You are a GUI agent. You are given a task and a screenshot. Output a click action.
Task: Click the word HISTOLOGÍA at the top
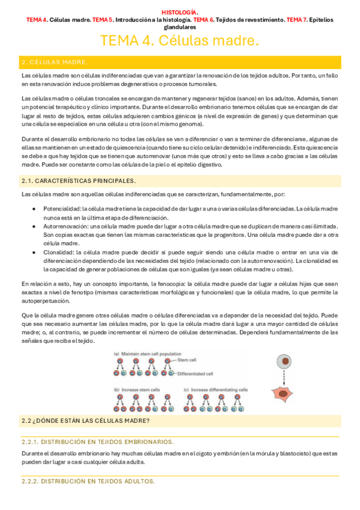coord(179,12)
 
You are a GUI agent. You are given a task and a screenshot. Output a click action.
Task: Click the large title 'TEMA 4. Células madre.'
coord(180,41)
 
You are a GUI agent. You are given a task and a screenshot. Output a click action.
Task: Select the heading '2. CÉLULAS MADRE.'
coord(55,62)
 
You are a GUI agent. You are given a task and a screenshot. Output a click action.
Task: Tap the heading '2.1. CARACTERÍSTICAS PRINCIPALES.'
coord(78,180)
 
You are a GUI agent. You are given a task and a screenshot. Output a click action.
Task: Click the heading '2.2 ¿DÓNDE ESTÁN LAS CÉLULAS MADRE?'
coord(85,420)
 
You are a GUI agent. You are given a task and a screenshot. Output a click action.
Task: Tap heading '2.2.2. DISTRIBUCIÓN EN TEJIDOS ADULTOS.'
coord(88,481)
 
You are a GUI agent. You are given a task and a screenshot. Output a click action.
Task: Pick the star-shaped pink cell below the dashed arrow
coord(283,394)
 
